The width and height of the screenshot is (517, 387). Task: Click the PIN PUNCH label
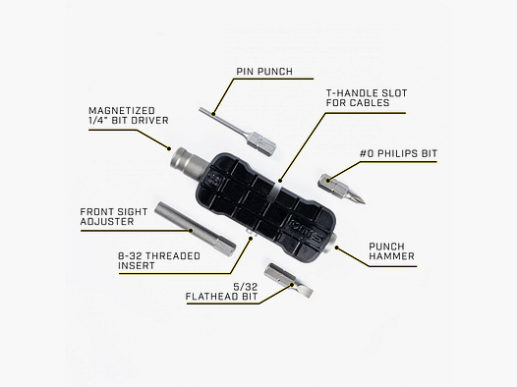coord(262,72)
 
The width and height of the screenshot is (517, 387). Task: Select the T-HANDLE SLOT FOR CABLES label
coord(367,96)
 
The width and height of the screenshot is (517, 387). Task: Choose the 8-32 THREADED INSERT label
coord(152,260)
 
